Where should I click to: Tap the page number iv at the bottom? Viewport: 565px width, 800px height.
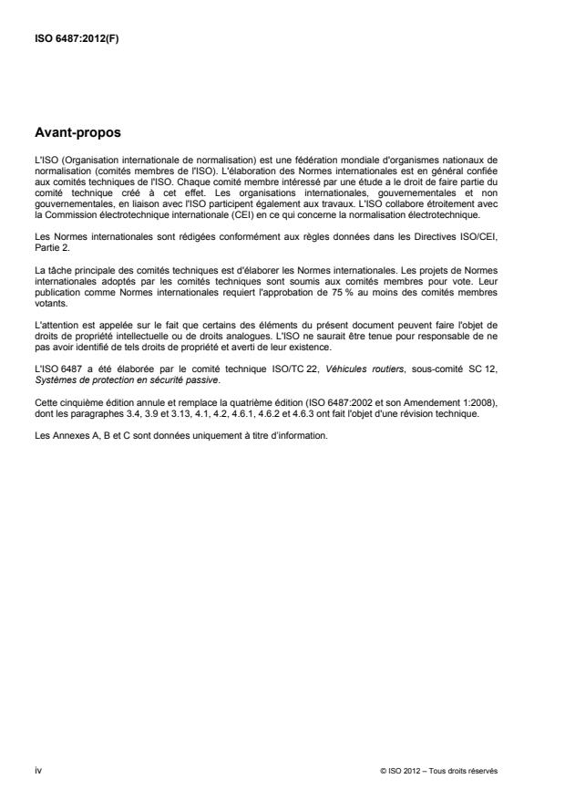point(37,770)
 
